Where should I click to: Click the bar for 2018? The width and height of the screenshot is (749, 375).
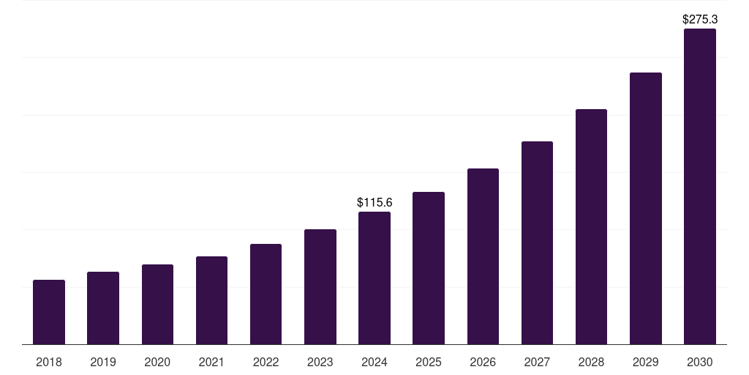click(x=49, y=312)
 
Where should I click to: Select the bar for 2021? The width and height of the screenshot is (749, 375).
click(x=212, y=300)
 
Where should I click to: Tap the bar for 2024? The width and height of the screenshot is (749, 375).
click(x=374, y=278)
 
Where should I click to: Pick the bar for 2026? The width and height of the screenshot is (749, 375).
click(x=483, y=256)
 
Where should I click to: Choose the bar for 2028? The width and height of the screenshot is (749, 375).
click(x=591, y=227)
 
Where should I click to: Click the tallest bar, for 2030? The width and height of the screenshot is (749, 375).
click(x=700, y=187)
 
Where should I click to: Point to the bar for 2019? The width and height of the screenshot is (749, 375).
click(x=103, y=308)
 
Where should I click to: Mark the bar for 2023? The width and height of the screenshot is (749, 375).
click(x=320, y=287)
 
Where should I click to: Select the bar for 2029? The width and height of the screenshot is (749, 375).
click(x=646, y=209)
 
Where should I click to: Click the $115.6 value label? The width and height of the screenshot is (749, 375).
click(x=374, y=202)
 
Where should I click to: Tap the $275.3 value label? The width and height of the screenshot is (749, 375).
click(x=700, y=19)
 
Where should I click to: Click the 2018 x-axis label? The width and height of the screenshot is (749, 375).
click(x=49, y=362)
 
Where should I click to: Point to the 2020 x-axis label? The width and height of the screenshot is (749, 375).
click(x=157, y=362)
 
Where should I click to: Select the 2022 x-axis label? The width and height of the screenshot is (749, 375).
click(x=266, y=362)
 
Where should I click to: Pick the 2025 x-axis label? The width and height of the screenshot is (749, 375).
click(x=429, y=362)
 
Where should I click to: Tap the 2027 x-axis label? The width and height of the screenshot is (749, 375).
click(x=537, y=362)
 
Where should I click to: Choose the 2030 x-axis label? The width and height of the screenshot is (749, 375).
click(x=700, y=362)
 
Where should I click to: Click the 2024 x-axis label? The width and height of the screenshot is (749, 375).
click(x=374, y=362)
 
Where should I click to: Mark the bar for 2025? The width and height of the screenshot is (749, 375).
click(x=429, y=268)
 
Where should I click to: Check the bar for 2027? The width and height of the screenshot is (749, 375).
click(x=537, y=243)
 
